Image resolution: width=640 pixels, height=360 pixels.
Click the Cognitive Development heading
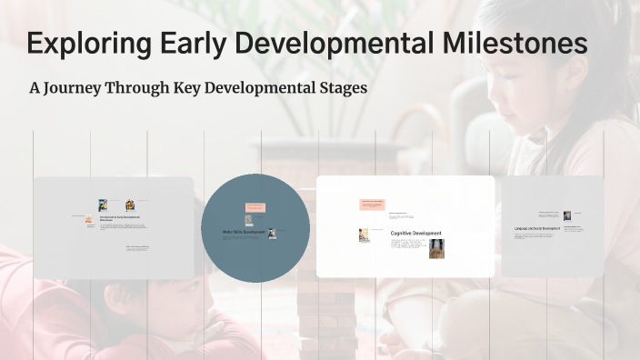pos(416,234)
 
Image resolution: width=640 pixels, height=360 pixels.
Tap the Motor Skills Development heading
pos(244,232)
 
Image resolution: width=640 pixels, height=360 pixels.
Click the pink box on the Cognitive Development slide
pos(372,204)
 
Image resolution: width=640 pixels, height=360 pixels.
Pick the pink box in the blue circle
pos(255,208)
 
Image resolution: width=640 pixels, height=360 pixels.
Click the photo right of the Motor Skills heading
pos(271,233)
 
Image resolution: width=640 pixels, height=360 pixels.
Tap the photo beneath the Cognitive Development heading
pos(436,248)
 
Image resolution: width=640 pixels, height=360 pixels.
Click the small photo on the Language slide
pos(567,215)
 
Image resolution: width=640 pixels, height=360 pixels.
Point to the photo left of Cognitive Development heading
pos(365,235)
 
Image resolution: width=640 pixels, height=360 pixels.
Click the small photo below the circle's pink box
pos(248,219)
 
